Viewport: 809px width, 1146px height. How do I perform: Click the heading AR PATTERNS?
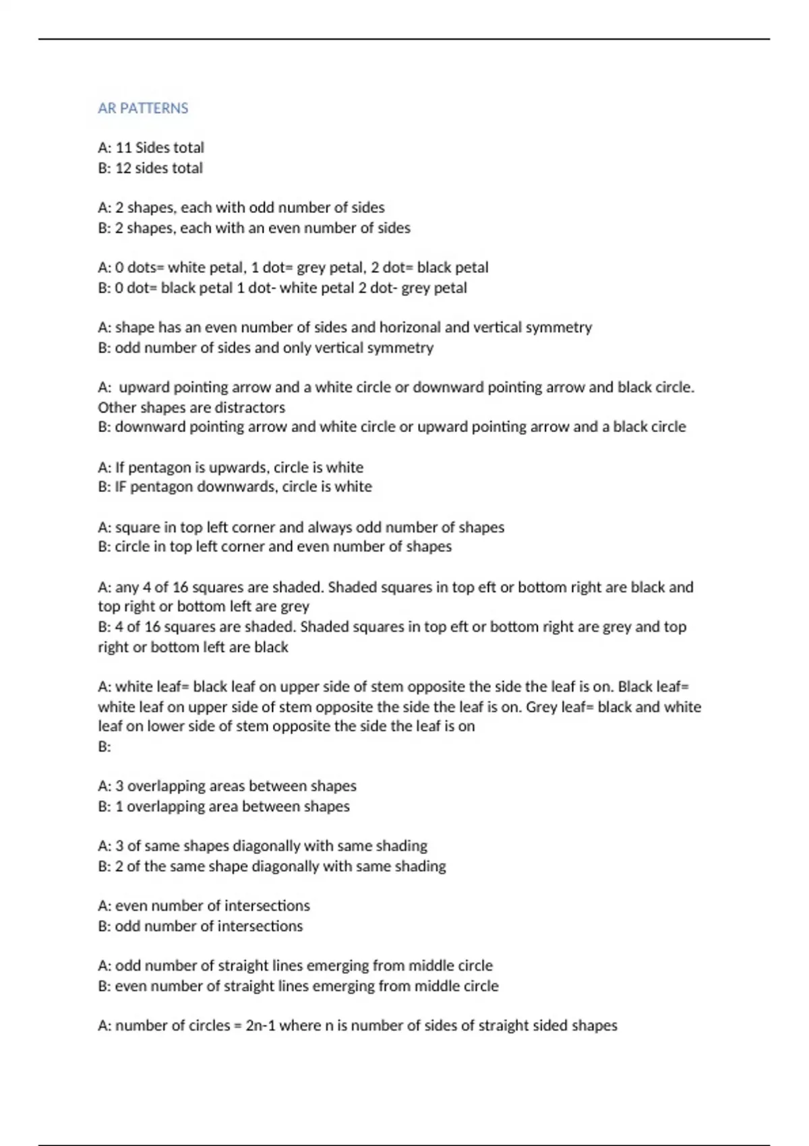tap(143, 108)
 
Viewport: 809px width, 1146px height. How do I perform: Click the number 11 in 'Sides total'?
tap(123, 148)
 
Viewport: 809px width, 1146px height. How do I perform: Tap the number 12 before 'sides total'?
tap(123, 168)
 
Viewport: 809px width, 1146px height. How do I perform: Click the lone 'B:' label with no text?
tap(104, 747)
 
